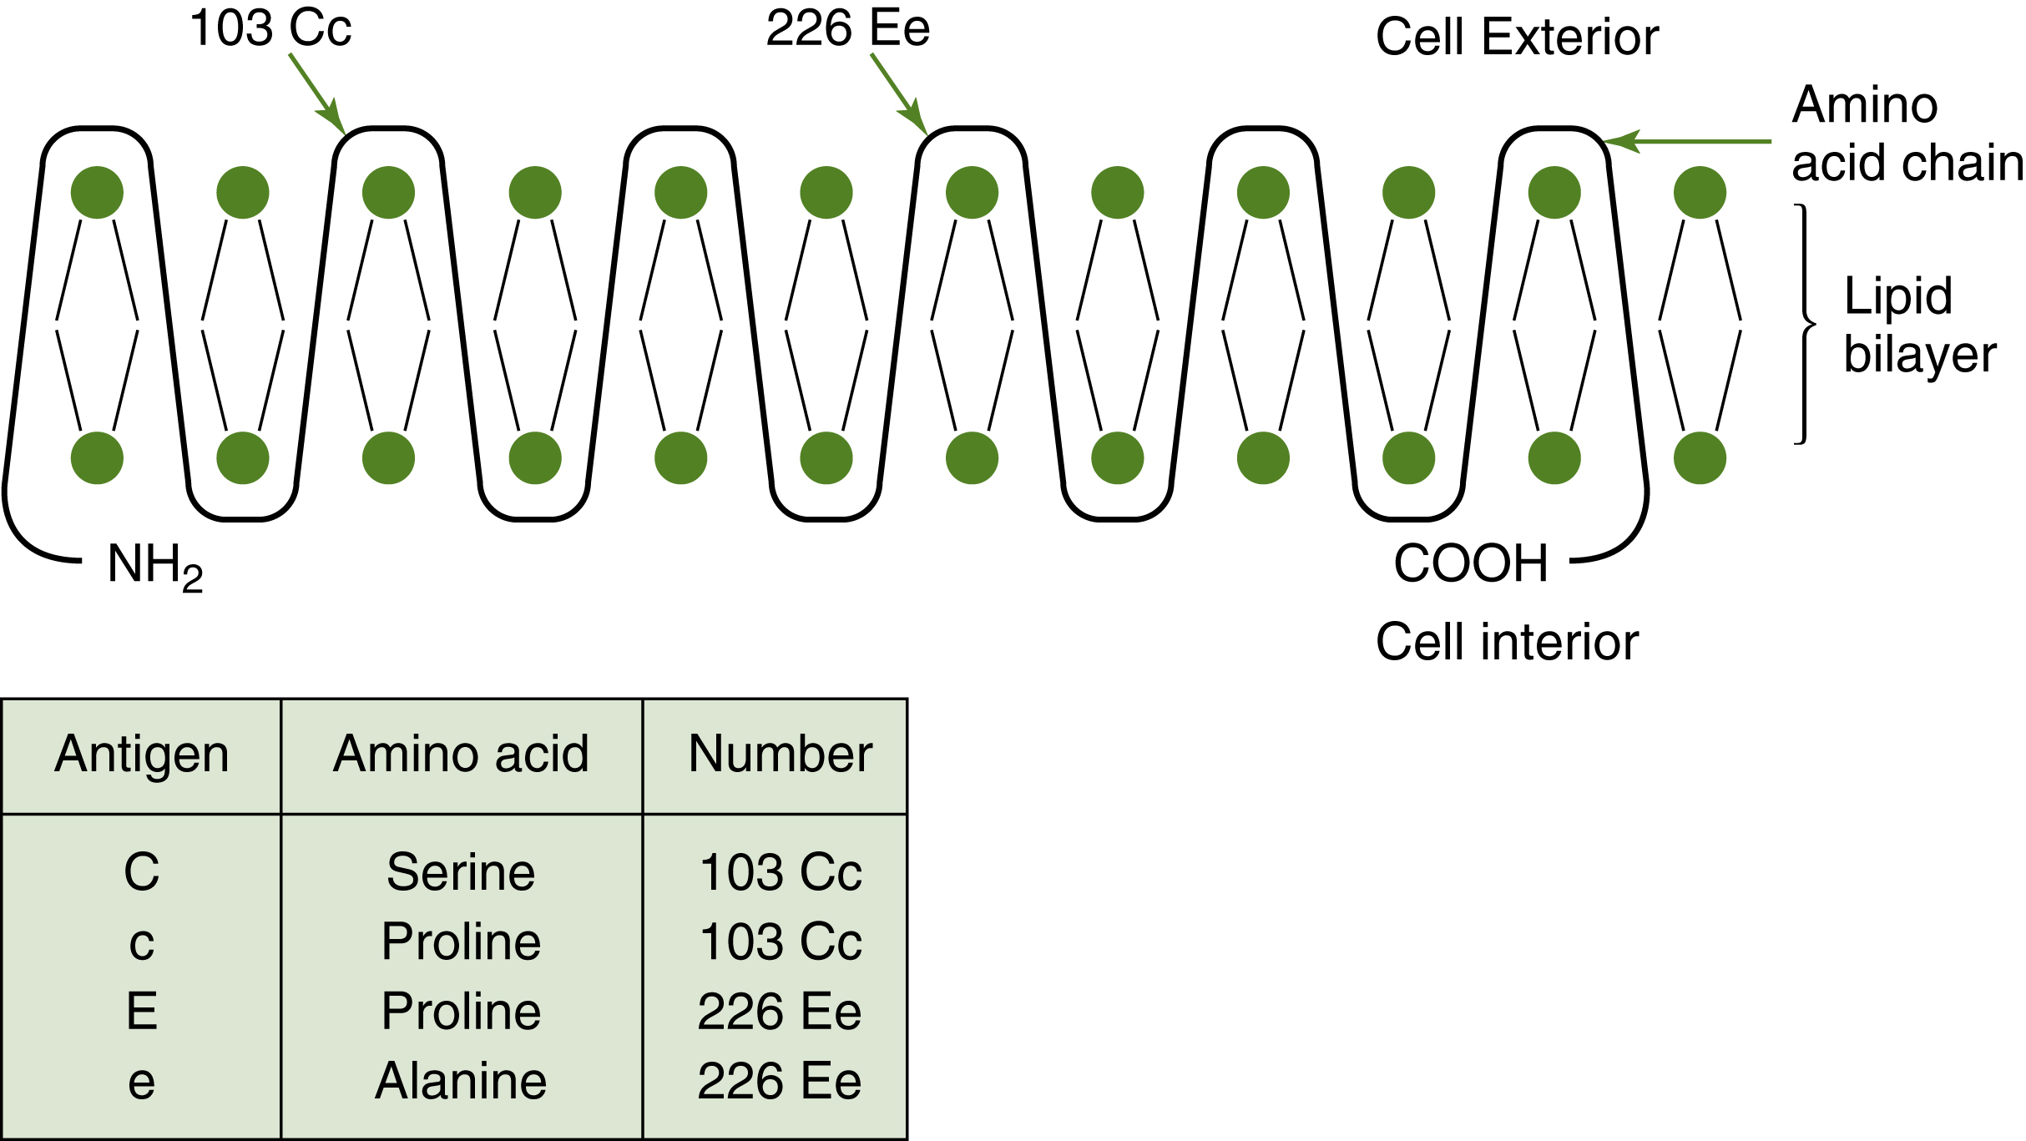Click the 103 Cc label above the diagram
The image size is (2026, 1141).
click(x=270, y=28)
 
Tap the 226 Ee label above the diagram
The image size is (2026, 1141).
click(x=847, y=28)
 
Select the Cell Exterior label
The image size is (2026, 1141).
click(x=1517, y=38)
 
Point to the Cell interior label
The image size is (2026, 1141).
click(x=1507, y=642)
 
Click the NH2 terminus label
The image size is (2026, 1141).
click(x=155, y=565)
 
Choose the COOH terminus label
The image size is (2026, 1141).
click(x=1471, y=563)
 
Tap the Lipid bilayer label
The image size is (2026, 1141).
click(x=1918, y=325)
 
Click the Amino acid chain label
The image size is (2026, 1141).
click(x=1905, y=134)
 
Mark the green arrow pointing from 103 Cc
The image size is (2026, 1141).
click(x=317, y=93)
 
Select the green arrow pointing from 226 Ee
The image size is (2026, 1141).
click(x=899, y=93)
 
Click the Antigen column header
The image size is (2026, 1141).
click(x=142, y=754)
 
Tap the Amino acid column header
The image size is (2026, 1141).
click(x=461, y=754)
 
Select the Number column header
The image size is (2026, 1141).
click(x=780, y=754)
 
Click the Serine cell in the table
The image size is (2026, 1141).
click(x=461, y=872)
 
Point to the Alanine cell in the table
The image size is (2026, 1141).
click(x=461, y=1081)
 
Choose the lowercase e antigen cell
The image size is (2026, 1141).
click(x=142, y=1083)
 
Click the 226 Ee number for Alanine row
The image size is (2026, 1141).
click(x=779, y=1081)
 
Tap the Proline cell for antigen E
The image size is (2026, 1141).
click(x=461, y=1012)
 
